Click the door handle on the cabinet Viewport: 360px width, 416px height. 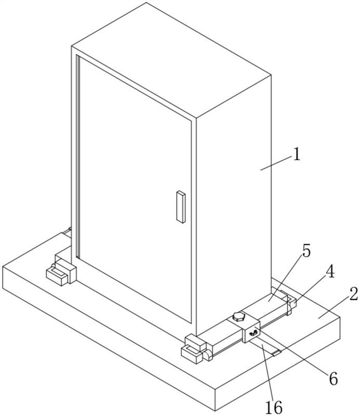181,206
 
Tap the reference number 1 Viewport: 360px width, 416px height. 297,154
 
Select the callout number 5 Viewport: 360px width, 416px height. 306,251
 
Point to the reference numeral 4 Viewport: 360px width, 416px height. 329,271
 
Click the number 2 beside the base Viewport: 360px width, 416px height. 353,294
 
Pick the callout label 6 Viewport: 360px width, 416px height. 333,379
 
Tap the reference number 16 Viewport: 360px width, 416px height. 274,407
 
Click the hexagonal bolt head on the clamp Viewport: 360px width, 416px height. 238,317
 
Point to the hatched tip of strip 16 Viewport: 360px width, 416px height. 276,353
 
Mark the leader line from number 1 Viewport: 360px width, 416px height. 275,163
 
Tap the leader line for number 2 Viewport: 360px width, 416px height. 334,306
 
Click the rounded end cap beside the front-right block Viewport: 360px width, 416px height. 208,356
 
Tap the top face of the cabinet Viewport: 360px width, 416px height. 171,60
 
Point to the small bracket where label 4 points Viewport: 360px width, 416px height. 291,302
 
